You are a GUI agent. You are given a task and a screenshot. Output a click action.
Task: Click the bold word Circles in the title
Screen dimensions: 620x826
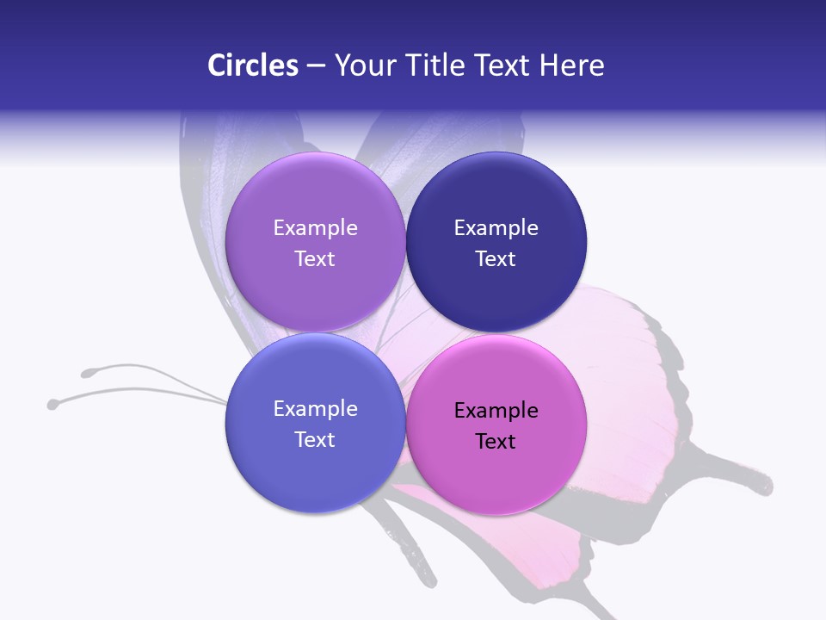click(x=252, y=65)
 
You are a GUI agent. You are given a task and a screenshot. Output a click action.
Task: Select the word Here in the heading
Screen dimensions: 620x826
click(x=572, y=65)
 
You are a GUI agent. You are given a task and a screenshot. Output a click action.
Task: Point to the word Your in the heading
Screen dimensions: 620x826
click(x=365, y=65)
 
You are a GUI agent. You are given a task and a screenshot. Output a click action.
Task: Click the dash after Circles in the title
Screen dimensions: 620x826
click(x=316, y=66)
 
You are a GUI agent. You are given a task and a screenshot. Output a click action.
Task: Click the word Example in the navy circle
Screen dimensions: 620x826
click(x=496, y=228)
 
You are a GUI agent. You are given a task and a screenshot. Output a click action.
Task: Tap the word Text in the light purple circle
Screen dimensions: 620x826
click(x=315, y=259)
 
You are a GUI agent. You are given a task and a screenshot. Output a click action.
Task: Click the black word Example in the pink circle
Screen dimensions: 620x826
click(x=496, y=411)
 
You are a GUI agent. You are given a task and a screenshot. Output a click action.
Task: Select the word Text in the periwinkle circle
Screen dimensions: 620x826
click(x=315, y=440)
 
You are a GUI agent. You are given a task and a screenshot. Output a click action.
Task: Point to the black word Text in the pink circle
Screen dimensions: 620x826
click(x=496, y=442)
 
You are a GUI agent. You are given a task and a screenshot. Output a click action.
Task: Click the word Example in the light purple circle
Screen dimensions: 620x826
click(x=315, y=228)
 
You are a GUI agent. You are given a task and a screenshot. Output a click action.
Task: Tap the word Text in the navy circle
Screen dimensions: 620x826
click(x=496, y=259)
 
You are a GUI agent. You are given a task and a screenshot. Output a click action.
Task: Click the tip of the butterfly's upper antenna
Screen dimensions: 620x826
click(x=87, y=373)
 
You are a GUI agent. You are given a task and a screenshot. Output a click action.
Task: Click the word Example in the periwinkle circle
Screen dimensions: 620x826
click(x=315, y=409)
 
